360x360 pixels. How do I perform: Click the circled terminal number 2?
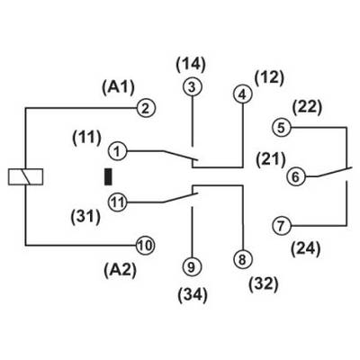(146, 108)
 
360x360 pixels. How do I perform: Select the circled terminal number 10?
(146, 246)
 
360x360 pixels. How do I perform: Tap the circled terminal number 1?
(117, 151)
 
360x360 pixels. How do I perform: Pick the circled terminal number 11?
(118, 202)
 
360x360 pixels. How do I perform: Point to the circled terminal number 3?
(192, 87)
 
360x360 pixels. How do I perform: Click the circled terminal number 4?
(242, 94)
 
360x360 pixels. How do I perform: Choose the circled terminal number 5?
(281, 128)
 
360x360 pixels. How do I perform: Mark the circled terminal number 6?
(296, 176)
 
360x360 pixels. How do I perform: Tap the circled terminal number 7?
(281, 226)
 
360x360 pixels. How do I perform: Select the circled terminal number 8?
(242, 259)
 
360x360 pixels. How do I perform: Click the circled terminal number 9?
(192, 266)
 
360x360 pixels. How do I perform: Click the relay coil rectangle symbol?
(25, 176)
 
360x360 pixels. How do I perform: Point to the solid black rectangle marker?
(108, 176)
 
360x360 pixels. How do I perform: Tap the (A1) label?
(118, 87)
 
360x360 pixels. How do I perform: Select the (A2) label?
(120, 270)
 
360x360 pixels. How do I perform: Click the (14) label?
(191, 64)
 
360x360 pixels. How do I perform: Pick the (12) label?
(269, 77)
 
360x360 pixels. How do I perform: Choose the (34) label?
(193, 294)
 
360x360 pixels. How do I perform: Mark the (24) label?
(306, 248)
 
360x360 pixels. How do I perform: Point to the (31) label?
(85, 217)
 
